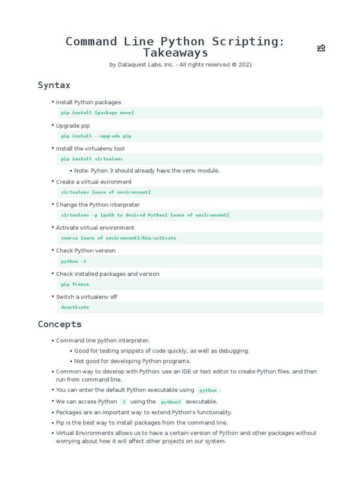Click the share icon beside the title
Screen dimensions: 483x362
(x=321, y=48)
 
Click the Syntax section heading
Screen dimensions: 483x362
(x=54, y=85)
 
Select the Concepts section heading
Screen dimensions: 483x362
(x=59, y=324)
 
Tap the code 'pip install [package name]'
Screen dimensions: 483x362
(x=98, y=113)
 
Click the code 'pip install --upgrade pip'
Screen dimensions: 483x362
(x=96, y=136)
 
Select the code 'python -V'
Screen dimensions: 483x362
(x=74, y=261)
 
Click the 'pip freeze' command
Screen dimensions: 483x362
(x=75, y=284)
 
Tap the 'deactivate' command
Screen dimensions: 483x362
(x=75, y=307)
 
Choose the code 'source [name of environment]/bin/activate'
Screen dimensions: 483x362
(x=118, y=238)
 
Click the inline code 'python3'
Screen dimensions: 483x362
(x=171, y=402)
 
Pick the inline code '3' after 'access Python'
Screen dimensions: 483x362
(x=123, y=402)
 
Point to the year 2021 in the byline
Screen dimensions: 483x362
(x=245, y=65)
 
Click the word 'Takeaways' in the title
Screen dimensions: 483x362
(x=175, y=53)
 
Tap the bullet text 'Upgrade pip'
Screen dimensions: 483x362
(x=73, y=126)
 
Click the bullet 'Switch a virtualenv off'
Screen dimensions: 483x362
(x=87, y=297)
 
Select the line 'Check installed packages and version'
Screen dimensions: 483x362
(x=107, y=274)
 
